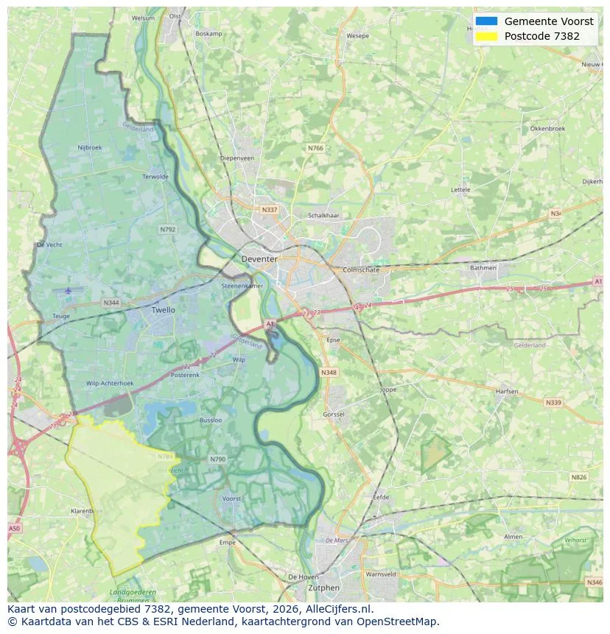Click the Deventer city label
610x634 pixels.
(259, 259)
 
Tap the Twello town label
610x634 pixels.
(163, 310)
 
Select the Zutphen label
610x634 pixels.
(324, 588)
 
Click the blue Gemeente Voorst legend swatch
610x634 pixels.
(486, 21)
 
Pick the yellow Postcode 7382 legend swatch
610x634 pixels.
(486, 36)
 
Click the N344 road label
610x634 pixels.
(111, 303)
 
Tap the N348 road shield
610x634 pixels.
(329, 373)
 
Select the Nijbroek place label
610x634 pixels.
(90, 147)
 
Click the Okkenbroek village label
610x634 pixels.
(547, 128)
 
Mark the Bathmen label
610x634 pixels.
(483, 268)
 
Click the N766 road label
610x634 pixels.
(315, 148)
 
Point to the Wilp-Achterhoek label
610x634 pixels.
(110, 383)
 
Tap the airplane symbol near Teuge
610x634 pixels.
(69, 290)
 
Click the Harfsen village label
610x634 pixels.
(507, 391)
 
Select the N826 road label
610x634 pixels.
(578, 477)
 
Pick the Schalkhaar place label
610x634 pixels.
(323, 216)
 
